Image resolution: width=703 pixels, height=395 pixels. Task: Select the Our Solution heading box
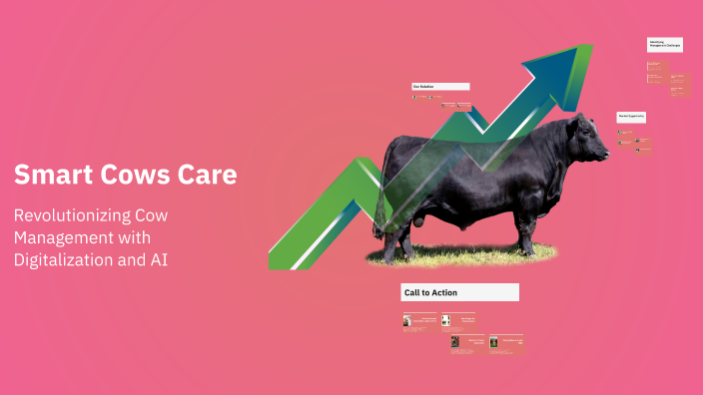440,87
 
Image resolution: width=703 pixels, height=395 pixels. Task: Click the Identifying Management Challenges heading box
664,44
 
